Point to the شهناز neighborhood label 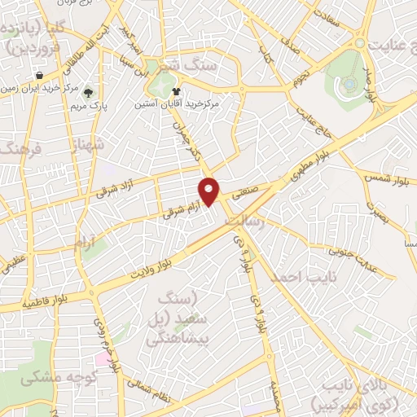[89, 148]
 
